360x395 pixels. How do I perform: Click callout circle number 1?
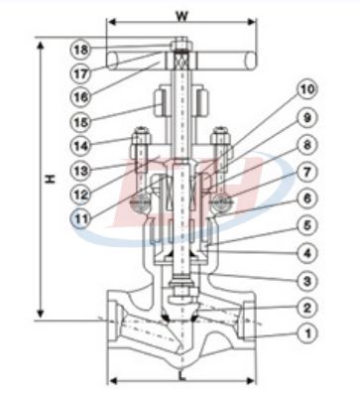[x=307, y=333]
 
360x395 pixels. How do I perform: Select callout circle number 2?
[x=307, y=308]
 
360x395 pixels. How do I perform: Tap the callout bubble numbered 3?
[x=307, y=281]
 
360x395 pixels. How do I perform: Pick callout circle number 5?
[x=307, y=226]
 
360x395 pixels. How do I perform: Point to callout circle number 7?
[x=307, y=173]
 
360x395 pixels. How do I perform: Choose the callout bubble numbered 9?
[x=307, y=118]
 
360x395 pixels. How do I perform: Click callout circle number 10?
[x=307, y=89]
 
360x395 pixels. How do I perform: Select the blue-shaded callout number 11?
[x=81, y=219]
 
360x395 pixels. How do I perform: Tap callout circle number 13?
[x=81, y=171]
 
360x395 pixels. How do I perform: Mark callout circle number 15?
[x=81, y=122]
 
